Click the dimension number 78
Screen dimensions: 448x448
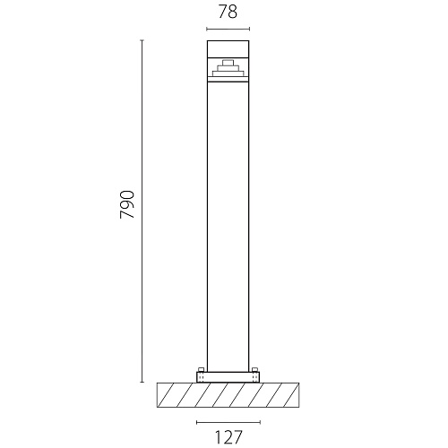(228, 12)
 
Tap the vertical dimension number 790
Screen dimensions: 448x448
(127, 204)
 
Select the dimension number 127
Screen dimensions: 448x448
(228, 437)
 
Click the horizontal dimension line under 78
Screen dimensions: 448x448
(228, 29)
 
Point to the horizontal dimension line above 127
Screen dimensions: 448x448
(228, 422)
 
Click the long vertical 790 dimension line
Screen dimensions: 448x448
(142, 211)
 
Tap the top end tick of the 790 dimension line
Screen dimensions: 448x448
(142, 40)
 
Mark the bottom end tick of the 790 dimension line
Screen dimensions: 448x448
(142, 382)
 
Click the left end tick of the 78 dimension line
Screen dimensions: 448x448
(207, 29)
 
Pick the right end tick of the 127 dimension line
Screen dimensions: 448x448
(260, 422)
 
